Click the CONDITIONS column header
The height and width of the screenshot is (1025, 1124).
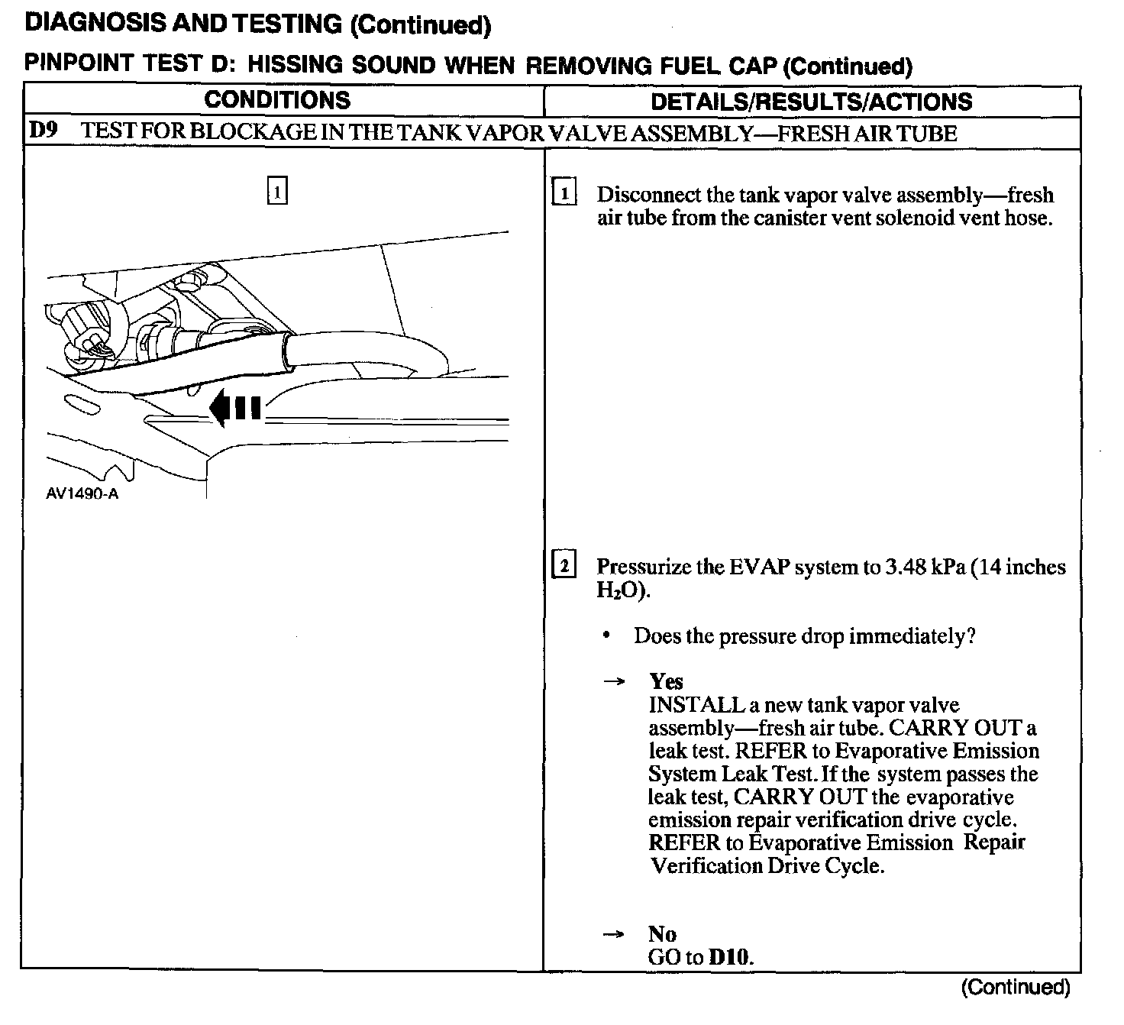(277, 100)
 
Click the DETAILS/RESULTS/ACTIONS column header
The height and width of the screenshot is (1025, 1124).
(811, 102)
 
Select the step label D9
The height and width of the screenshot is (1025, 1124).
(43, 131)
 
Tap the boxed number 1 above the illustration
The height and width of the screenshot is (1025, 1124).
(277, 191)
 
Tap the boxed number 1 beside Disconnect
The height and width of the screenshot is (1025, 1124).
(564, 194)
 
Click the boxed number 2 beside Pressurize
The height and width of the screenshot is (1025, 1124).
(564, 566)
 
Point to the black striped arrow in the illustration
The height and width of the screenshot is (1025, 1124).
(236, 408)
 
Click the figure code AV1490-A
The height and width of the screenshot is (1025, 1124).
(82, 493)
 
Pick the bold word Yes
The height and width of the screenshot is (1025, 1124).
(666, 681)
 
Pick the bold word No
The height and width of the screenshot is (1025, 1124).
(662, 934)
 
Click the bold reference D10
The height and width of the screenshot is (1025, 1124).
(729, 957)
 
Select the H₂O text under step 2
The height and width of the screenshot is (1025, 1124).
(622, 591)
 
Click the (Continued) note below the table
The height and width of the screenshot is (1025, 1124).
(1015, 987)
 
